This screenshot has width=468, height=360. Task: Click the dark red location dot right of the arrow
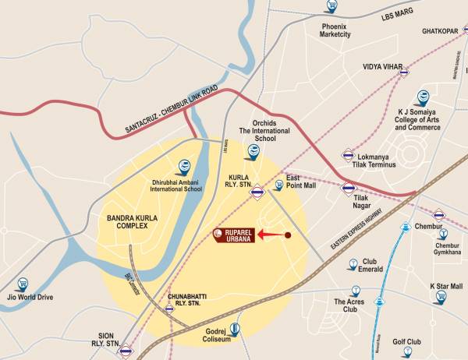click(288, 235)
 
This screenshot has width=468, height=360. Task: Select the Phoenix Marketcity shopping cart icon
click(331, 7)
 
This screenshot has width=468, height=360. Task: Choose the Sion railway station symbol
click(124, 351)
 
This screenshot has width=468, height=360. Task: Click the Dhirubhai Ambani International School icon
click(184, 166)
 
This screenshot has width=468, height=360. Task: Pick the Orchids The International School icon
click(253, 151)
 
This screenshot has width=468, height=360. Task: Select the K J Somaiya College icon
click(422, 98)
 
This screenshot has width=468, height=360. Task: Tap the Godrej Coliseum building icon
click(233, 329)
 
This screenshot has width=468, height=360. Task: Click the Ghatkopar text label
click(438, 31)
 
